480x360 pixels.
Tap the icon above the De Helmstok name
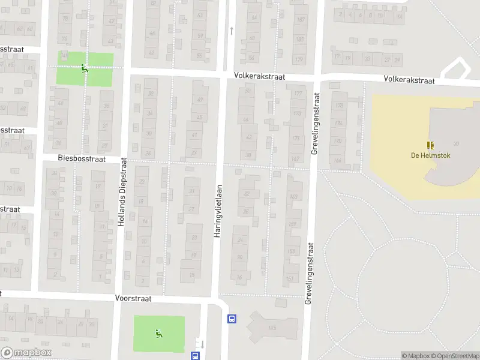coord(430,145)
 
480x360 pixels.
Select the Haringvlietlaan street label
coord(218,209)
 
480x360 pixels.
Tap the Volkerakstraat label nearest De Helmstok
coord(408,79)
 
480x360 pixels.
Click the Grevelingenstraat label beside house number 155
coord(310,264)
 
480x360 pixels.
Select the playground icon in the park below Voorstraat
coord(158,333)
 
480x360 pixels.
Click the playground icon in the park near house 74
coord(85,68)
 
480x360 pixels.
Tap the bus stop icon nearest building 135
coord(232,319)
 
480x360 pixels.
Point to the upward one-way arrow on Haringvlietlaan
coord(231,29)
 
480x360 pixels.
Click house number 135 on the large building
coord(272,328)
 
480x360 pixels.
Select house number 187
coord(299,20)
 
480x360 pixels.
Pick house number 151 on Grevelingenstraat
coord(290,278)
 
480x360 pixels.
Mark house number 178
coord(339,106)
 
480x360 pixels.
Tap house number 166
coord(338,160)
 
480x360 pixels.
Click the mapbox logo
coord(26,353)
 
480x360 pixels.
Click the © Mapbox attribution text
coord(416,356)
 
